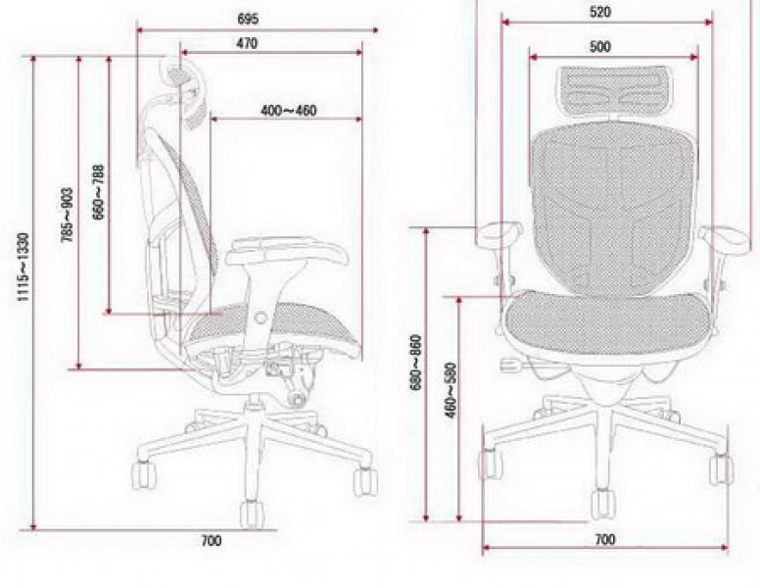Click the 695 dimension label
[248, 19]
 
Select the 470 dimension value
[247, 43]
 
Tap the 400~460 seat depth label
[289, 111]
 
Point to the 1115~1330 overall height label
[24, 268]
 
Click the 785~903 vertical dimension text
[68, 215]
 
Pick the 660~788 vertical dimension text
[98, 192]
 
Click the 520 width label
[600, 12]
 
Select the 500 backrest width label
[600, 47]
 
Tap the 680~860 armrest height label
[416, 362]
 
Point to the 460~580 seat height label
[451, 390]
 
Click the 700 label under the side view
[212, 540]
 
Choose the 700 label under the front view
[605, 539]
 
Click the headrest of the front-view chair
[614, 89]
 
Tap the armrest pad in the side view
[287, 250]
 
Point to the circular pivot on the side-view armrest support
[261, 318]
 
